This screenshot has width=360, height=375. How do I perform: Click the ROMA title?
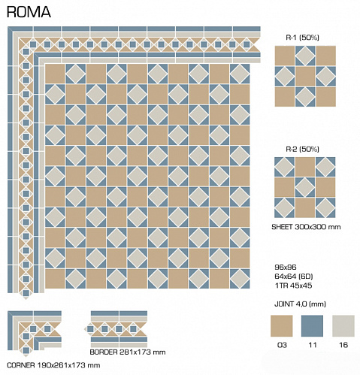[x=29, y=12]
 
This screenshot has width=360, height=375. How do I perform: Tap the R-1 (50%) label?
[x=302, y=38]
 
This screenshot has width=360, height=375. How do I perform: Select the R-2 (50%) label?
[x=302, y=150]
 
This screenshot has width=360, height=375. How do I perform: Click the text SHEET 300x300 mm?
[x=306, y=227]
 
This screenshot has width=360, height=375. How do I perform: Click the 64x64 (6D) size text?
[x=294, y=277]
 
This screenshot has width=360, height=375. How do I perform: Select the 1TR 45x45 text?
[x=293, y=286]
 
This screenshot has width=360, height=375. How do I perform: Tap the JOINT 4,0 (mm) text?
[x=300, y=304]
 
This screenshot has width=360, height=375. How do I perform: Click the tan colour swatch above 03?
[x=282, y=326]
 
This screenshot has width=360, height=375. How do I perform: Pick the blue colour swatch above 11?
[x=312, y=326]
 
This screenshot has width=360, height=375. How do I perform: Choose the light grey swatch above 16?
[x=343, y=326]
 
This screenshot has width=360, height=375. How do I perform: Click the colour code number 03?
[x=282, y=345]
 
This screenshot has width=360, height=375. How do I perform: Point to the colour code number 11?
[x=313, y=345]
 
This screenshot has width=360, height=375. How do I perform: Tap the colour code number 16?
[x=343, y=345]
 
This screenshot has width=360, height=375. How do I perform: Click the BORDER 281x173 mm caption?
[x=128, y=352]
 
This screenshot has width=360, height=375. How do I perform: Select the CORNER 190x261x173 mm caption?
[x=53, y=365]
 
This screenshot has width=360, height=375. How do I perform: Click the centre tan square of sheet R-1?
[x=305, y=76]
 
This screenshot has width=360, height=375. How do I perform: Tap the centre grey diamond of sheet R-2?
[x=305, y=187]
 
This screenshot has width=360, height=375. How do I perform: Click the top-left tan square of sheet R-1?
[x=285, y=56]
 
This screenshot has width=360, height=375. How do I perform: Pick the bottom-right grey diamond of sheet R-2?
[x=325, y=207]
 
